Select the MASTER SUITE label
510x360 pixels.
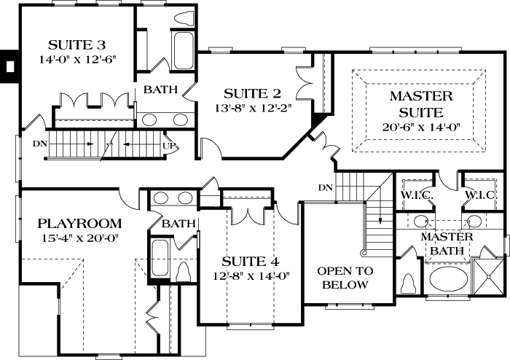click(421, 104)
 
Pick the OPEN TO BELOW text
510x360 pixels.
click(346, 278)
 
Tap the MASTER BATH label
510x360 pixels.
click(447, 244)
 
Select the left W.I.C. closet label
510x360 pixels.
click(413, 195)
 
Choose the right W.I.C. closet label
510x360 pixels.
click(481, 195)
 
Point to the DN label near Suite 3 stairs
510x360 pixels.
click(41, 144)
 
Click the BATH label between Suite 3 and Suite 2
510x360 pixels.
click(159, 90)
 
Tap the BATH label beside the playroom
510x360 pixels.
click(178, 224)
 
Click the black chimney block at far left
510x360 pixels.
click(9, 65)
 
